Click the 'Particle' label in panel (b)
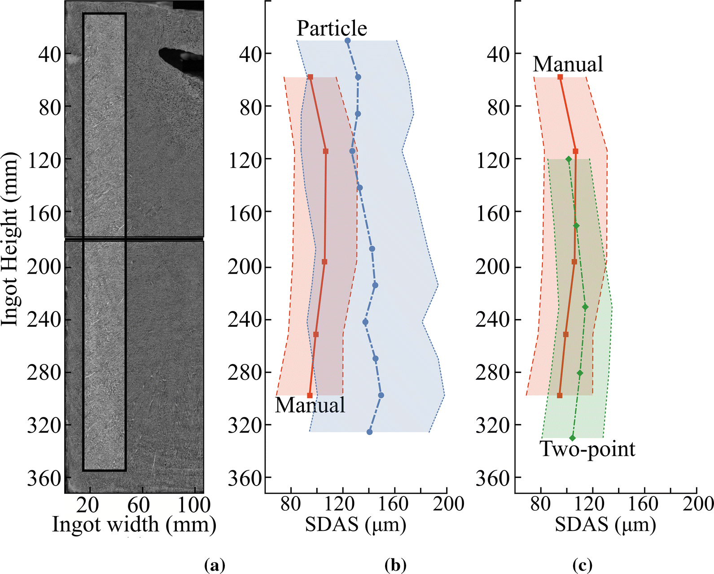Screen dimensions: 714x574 click(x=332, y=28)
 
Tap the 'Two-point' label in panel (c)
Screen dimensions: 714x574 click(x=588, y=450)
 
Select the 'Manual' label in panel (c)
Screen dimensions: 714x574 click(x=568, y=64)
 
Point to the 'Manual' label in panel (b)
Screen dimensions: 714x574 click(x=310, y=405)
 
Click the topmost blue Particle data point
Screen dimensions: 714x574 click(x=347, y=41)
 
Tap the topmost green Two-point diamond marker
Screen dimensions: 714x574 click(x=569, y=159)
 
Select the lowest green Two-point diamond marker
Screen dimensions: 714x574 click(x=572, y=438)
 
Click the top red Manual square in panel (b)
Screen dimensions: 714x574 click(x=310, y=77)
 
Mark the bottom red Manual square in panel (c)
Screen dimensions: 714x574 click(x=560, y=395)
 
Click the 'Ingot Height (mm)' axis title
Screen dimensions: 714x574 click(x=9, y=239)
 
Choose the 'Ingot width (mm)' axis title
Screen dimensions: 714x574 click(x=134, y=525)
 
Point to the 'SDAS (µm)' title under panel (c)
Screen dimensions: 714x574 click(x=605, y=525)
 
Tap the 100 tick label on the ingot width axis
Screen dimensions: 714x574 click(x=194, y=505)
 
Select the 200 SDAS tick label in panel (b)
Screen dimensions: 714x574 click(x=447, y=504)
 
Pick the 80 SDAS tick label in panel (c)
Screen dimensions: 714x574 click(x=540, y=504)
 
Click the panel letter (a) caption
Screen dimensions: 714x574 click(x=215, y=565)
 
